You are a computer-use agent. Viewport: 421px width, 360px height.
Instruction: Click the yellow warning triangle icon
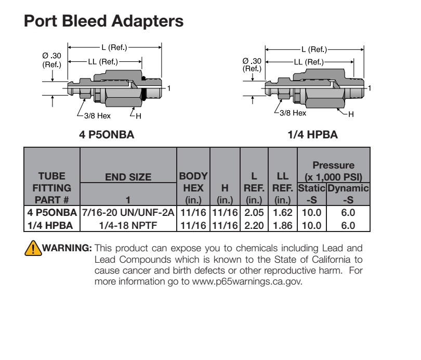pyautogui.click(x=33, y=248)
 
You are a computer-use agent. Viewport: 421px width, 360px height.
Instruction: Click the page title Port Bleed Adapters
pyautogui.click(x=103, y=21)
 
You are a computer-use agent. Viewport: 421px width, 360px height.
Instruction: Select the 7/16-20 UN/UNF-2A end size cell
pyautogui.click(x=128, y=212)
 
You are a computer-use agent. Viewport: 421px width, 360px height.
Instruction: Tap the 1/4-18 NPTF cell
pyautogui.click(x=128, y=225)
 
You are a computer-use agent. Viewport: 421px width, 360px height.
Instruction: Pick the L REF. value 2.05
pyautogui.click(x=254, y=212)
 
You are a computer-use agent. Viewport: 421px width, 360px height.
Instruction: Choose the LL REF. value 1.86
pyautogui.click(x=282, y=225)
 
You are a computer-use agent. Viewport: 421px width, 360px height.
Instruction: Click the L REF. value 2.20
pyautogui.click(x=254, y=225)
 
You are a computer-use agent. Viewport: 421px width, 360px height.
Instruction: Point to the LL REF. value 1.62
pyautogui.click(x=282, y=212)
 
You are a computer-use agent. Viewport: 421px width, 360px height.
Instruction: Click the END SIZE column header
pyautogui.click(x=128, y=177)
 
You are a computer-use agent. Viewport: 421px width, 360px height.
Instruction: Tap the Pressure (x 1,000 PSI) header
pyautogui.click(x=334, y=171)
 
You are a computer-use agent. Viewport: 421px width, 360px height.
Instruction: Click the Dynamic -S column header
pyautogui.click(x=348, y=194)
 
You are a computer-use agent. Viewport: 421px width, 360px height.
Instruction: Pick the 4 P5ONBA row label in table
pyautogui.click(x=52, y=212)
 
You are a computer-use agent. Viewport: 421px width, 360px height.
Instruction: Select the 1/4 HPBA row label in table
pyautogui.click(x=50, y=225)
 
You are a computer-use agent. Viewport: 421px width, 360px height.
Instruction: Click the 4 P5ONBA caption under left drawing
pyautogui.click(x=107, y=135)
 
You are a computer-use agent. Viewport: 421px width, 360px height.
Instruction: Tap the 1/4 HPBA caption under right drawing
pyautogui.click(x=312, y=135)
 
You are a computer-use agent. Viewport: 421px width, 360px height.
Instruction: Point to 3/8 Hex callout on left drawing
pyautogui.click(x=97, y=116)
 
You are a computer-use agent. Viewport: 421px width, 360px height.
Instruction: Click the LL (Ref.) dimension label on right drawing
pyautogui.click(x=309, y=62)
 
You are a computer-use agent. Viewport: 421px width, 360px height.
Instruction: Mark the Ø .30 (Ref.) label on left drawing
pyautogui.click(x=51, y=60)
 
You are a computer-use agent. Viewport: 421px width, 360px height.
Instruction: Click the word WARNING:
pyautogui.click(x=67, y=248)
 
